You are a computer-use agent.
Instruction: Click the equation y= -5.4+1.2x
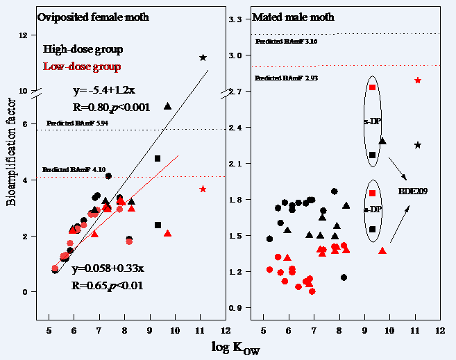click(103, 91)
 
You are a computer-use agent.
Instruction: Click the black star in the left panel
click(203, 58)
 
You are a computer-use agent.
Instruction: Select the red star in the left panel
click(203, 189)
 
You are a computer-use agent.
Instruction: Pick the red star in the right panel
click(417, 80)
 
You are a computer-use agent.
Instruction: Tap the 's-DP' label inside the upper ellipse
click(371, 121)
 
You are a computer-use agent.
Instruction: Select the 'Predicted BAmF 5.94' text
click(78, 123)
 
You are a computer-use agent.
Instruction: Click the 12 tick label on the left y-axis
click(24, 35)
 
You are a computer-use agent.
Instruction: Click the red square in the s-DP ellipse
click(373, 87)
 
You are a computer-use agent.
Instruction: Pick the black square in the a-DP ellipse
click(373, 229)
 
